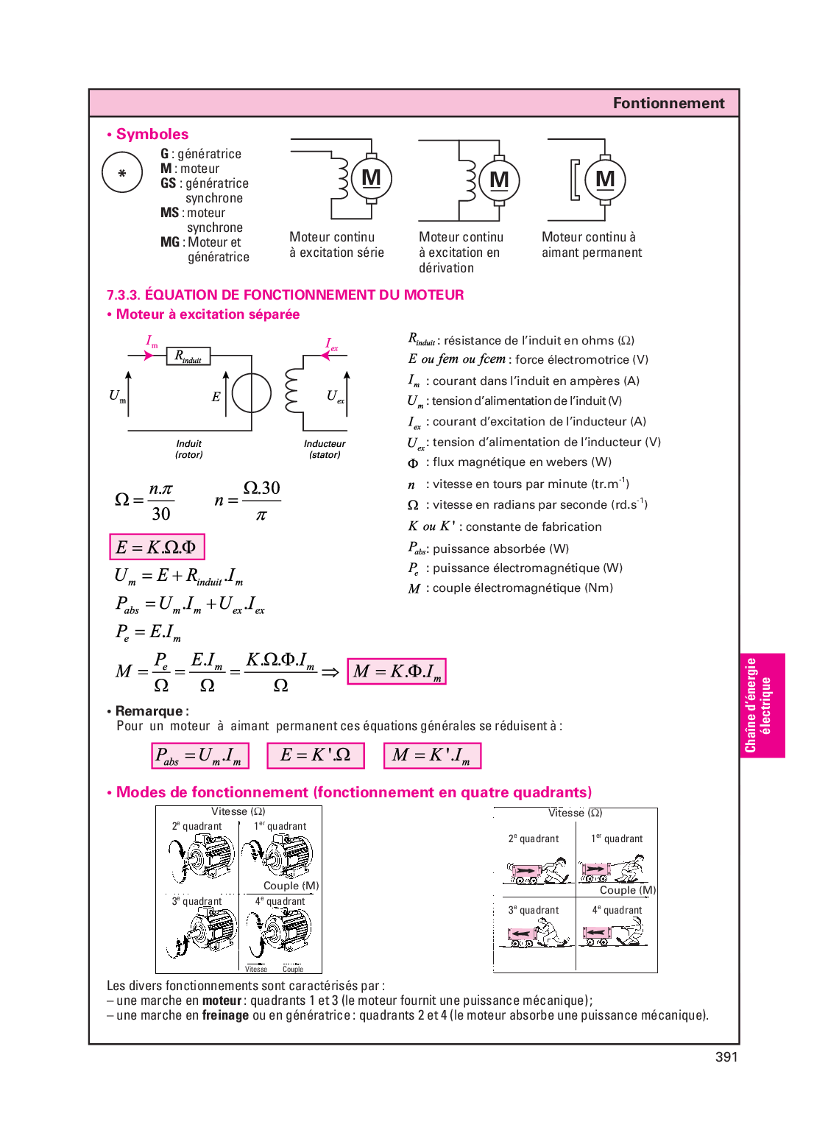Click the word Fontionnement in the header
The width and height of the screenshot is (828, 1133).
668,103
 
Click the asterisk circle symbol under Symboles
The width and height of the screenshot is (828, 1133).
122,173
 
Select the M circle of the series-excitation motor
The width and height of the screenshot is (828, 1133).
371,178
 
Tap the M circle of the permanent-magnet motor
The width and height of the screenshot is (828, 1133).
605,179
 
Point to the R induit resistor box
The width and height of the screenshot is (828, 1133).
189,356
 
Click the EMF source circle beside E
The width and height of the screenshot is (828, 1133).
252,393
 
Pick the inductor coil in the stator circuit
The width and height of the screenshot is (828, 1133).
292,390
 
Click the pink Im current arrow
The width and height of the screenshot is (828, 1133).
149,356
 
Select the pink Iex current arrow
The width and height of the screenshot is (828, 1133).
325,356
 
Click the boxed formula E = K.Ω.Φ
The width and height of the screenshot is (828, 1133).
157,547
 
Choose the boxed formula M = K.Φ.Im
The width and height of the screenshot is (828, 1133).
397,671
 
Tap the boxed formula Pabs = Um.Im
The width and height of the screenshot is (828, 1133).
199,756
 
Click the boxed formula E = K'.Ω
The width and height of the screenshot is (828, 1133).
315,756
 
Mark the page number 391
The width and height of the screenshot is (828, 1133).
726,1057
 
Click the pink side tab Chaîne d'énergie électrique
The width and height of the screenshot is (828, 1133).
762,705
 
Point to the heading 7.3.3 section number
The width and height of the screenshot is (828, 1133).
123,295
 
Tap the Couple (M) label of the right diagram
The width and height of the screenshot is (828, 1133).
627,890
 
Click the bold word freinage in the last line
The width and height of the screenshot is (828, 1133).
225,1015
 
